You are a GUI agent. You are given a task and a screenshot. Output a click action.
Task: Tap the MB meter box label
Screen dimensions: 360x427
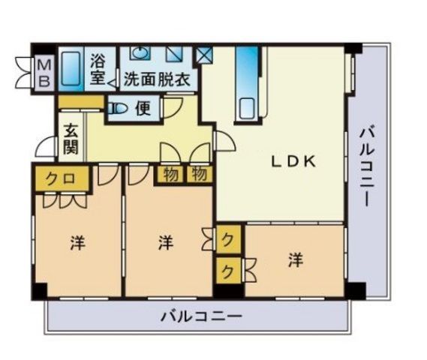44,73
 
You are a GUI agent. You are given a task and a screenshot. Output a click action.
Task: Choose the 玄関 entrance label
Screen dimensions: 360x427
71,137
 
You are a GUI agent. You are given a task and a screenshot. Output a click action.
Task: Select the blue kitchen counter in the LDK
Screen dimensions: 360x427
247,82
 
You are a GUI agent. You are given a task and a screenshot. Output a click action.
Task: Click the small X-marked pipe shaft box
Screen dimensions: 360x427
203,55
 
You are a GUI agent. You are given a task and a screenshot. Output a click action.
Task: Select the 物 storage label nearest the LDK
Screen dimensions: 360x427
199,175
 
